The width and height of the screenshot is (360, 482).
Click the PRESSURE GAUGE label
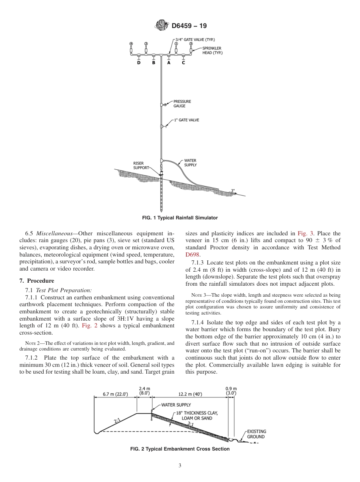[x=182, y=104]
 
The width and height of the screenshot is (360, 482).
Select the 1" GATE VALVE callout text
[x=186, y=120]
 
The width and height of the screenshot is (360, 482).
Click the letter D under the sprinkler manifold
[x=139, y=63]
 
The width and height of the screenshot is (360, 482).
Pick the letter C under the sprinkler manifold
[x=183, y=63]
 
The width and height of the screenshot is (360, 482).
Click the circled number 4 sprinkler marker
[x=131, y=44]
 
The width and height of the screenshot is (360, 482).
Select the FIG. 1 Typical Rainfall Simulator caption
[x=180, y=218]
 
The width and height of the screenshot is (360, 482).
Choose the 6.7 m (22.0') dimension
[x=115, y=394]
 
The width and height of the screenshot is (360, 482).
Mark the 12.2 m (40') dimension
[x=190, y=394]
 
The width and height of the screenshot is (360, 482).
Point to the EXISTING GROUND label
[x=256, y=434]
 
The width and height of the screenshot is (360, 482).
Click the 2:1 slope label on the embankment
[x=117, y=420]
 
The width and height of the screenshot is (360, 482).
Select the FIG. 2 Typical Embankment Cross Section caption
[x=180, y=449]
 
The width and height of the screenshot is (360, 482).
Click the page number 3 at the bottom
[x=180, y=466]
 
